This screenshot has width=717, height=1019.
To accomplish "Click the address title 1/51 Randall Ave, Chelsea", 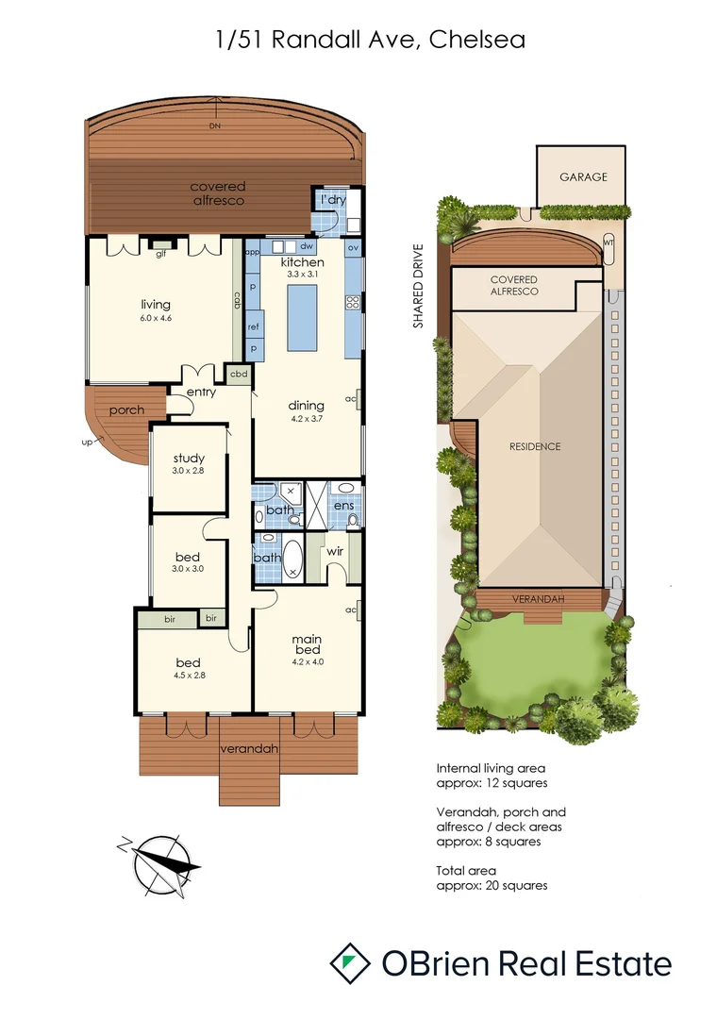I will point(358,40).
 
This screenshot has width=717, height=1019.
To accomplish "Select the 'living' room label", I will point(156,304).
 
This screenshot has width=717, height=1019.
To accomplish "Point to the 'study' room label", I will point(188,459).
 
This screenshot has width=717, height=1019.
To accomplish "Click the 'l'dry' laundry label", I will point(332,201).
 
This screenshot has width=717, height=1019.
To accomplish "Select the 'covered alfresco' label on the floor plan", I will point(217,193).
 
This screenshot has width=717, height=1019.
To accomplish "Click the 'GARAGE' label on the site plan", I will point(582,176).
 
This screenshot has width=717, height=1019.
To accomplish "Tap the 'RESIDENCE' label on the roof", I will point(535,446).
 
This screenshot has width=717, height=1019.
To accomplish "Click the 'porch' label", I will point(126,410).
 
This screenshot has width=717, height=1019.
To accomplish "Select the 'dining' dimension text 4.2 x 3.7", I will point(307,418).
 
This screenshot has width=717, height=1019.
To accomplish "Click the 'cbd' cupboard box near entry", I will point(240,374).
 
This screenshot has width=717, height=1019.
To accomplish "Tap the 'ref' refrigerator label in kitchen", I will point(253,326).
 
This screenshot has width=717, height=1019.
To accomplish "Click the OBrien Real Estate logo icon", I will point(350,962).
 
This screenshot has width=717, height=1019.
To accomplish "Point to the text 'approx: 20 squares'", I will point(492,885).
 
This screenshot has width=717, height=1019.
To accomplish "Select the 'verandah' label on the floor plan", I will point(250,749).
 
